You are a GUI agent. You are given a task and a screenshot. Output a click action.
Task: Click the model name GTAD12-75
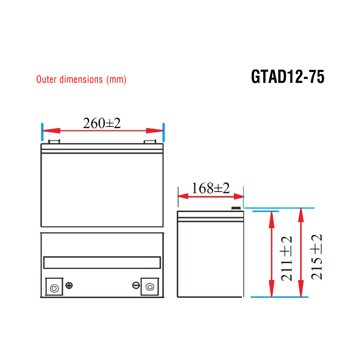click(x=288, y=77)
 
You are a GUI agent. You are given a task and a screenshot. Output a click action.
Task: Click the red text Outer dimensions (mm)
click(x=81, y=80)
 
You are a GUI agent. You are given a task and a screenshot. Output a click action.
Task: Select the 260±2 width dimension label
click(x=102, y=123)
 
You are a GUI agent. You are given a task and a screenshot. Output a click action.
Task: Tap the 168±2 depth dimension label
click(x=210, y=188)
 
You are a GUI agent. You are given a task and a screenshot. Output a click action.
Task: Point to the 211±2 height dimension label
click(x=287, y=258)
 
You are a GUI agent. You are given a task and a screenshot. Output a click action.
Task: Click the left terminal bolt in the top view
click(x=54, y=288)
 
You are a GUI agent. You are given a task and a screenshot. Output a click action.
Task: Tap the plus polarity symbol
click(x=70, y=285)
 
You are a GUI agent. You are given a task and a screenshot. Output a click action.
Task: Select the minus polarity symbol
click(x=136, y=285)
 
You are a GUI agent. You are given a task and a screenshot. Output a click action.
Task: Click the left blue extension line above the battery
click(x=42, y=132)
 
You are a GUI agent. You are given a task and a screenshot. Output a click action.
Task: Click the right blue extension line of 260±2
click(x=164, y=132)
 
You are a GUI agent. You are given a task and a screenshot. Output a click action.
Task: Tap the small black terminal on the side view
click(x=236, y=208)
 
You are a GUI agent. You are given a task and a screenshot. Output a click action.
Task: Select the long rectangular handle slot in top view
click(x=102, y=262)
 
